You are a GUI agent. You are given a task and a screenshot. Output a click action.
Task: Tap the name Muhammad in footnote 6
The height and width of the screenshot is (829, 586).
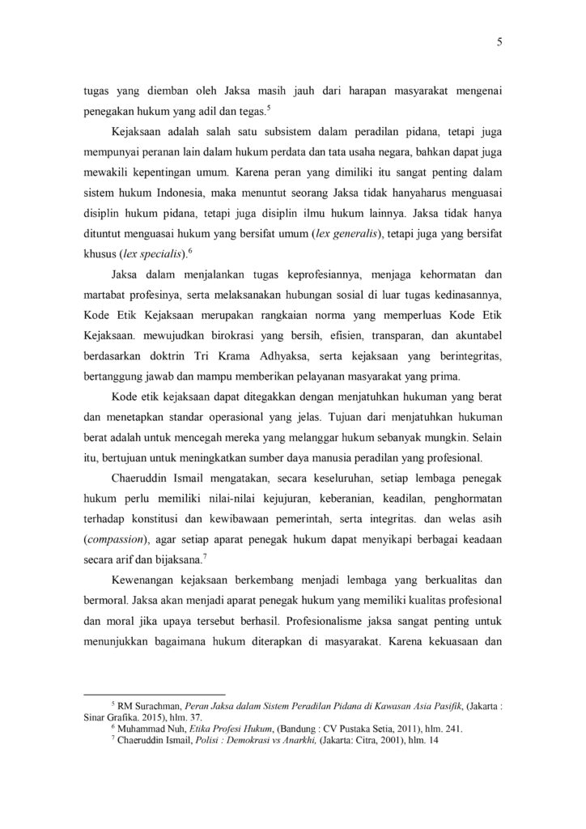click(142, 729)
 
